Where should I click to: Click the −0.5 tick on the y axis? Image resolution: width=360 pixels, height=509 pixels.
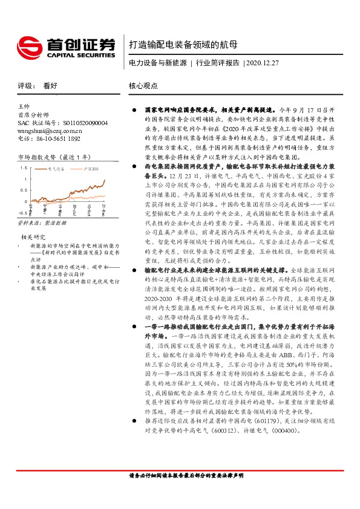[22, 213]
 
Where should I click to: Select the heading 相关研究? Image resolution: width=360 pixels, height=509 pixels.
[33, 236]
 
